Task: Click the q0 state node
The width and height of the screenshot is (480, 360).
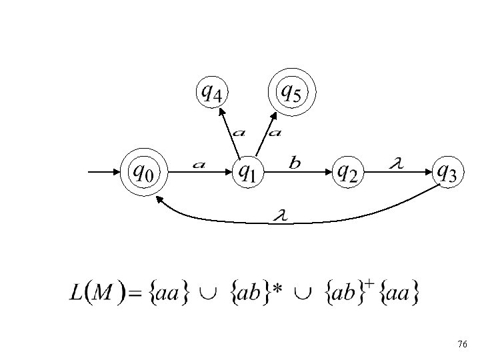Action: click(x=144, y=173)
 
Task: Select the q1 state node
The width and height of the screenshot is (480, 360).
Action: click(x=247, y=173)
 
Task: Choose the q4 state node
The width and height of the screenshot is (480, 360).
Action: click(x=212, y=92)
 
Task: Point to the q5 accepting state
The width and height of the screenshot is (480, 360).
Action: click(x=291, y=92)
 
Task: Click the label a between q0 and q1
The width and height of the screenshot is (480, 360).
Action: click(x=199, y=164)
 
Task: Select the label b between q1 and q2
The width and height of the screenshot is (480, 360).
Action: click(x=295, y=163)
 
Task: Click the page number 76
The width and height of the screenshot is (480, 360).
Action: click(x=463, y=344)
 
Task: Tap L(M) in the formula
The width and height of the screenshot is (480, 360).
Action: click(x=94, y=293)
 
